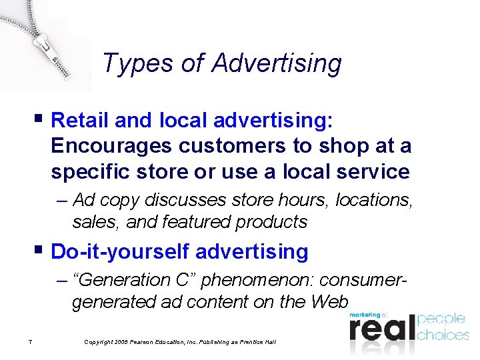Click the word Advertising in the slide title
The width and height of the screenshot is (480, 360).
[x=277, y=64]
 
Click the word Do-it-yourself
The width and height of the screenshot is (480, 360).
[x=121, y=251]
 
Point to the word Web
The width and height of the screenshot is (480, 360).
[x=329, y=302]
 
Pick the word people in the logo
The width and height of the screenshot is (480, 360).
[x=441, y=319]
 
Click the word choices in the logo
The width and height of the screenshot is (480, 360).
[x=443, y=334]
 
